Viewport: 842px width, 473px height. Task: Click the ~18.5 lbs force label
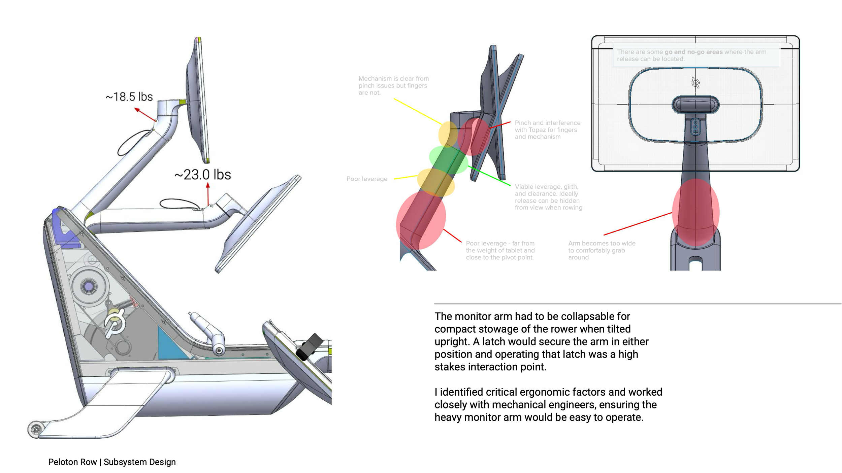pyautogui.click(x=129, y=97)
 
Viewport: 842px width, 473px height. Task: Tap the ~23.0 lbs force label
pyautogui.click(x=203, y=175)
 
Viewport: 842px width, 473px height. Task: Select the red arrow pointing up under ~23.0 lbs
pyautogui.click(x=208, y=193)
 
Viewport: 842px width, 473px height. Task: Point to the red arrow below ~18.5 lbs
pyautogui.click(x=145, y=114)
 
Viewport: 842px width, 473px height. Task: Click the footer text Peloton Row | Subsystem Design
pyautogui.click(x=112, y=462)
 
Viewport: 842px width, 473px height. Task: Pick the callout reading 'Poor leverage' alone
pyautogui.click(x=367, y=179)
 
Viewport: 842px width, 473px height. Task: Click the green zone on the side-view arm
pyautogui.click(x=449, y=160)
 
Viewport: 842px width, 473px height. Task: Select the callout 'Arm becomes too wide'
pyautogui.click(x=602, y=250)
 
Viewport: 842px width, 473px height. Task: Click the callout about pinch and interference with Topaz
pyautogui.click(x=548, y=130)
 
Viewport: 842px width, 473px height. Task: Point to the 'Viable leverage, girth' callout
pyautogui.click(x=548, y=197)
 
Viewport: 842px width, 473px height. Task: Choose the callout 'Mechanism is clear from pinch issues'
pyautogui.click(x=393, y=85)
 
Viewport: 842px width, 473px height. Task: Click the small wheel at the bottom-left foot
pyautogui.click(x=36, y=429)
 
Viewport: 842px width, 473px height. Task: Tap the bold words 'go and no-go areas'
pyautogui.click(x=693, y=52)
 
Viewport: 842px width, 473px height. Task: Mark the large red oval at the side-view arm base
pyautogui.click(x=421, y=221)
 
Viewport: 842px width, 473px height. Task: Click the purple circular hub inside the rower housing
pyautogui.click(x=89, y=287)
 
